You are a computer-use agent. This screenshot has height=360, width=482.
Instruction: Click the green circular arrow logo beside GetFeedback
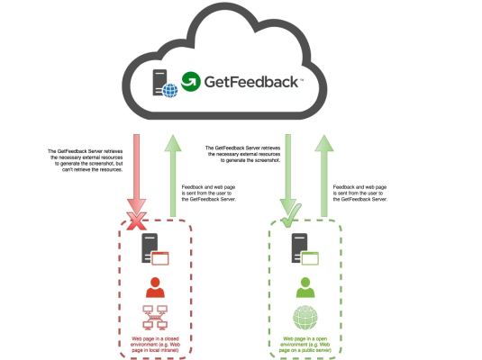(x=192, y=82)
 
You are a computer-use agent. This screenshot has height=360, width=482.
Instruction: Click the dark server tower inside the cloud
(x=159, y=80)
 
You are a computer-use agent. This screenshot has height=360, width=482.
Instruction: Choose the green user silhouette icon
(x=305, y=287)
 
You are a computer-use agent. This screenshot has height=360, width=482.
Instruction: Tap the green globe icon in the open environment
(x=305, y=319)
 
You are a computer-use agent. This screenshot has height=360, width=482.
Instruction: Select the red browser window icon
(x=161, y=259)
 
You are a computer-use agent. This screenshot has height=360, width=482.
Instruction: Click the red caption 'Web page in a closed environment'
(x=155, y=345)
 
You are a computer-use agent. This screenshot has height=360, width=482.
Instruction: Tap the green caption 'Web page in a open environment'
(x=305, y=345)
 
